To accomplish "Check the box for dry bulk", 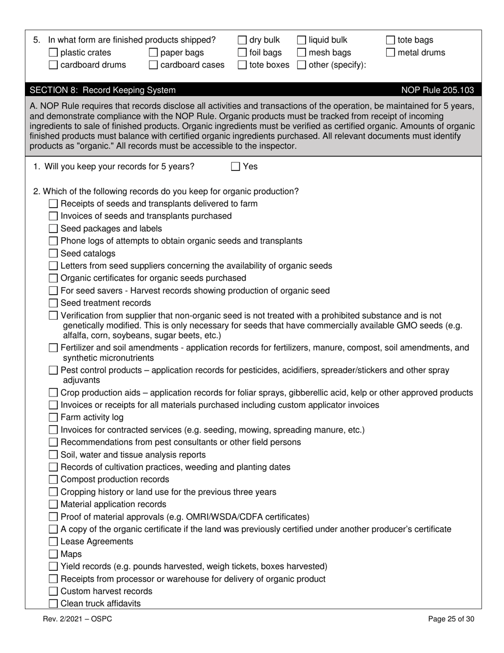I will [242, 40].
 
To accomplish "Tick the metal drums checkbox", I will [390, 53].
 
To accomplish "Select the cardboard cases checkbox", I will [153, 65].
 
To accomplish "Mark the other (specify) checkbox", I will [301, 65].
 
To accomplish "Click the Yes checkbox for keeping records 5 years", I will [236, 167].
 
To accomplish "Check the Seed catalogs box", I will [53, 254].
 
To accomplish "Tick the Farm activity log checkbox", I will [53, 418].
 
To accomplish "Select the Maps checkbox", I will [53, 554].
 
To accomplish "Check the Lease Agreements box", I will [53, 542].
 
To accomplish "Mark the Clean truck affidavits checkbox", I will [53, 604].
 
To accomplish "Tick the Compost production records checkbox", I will [53, 480].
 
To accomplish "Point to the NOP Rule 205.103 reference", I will [438, 90].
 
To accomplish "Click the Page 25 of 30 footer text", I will [451, 619].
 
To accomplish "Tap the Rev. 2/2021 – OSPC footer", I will [77, 619].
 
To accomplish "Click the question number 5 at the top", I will [36, 40].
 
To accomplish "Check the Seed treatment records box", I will [53, 303].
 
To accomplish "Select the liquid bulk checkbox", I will [301, 40].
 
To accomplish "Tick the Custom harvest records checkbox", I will [53, 591].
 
